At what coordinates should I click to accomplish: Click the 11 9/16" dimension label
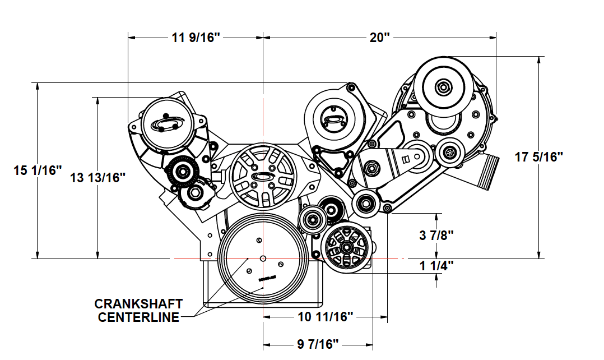196,38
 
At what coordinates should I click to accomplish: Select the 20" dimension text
379,38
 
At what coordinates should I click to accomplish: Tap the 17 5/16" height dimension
538,157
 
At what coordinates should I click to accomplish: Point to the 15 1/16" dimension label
38,170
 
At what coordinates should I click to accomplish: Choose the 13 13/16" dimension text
98,178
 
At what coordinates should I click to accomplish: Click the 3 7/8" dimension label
436,236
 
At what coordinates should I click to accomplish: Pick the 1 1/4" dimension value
436,265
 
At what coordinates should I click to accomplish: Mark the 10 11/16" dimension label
325,317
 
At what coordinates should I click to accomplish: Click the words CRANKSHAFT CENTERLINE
138,311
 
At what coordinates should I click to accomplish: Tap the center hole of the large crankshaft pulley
263,259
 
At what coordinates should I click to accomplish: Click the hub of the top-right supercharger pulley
443,87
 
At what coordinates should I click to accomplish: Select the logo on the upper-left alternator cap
167,124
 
